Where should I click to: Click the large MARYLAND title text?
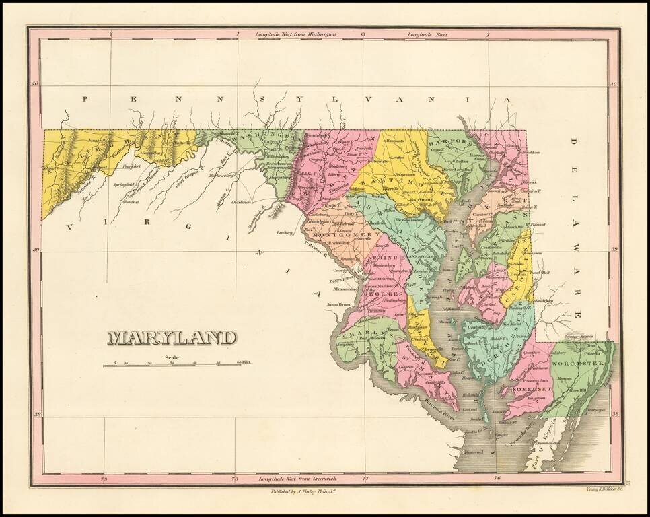click(173, 337)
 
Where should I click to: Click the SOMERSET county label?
click(532, 390)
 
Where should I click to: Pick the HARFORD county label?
click(460, 143)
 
